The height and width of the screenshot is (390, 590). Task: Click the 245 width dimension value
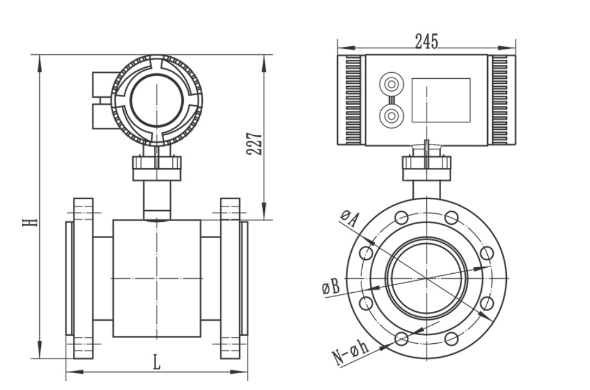[426, 41]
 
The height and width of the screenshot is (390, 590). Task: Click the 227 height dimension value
[254, 144]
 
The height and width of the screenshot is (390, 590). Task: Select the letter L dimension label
[157, 362]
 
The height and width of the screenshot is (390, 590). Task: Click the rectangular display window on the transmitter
[440, 100]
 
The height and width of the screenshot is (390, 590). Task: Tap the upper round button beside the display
[390, 84]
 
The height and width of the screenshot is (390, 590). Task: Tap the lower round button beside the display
[390, 115]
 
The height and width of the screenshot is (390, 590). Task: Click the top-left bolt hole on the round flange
[401, 218]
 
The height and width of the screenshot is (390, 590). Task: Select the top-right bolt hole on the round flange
[451, 218]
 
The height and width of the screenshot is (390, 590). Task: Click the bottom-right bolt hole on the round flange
[451, 339]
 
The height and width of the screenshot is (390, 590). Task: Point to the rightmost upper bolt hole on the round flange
[487, 253]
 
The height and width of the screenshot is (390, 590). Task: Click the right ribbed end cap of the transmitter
[501, 100]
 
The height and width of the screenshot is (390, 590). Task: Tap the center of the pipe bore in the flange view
[426, 278]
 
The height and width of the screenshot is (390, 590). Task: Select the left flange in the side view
[83, 278]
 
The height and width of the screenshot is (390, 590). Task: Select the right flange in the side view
[230, 278]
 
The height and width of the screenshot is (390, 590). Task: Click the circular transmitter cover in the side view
[157, 100]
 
